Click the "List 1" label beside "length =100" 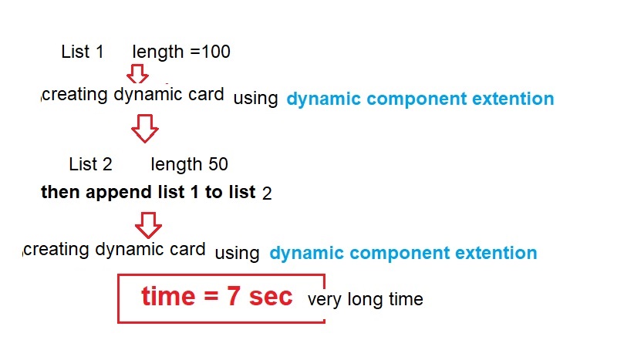pyautogui.click(x=83, y=52)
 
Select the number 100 pyautogui.click(x=216, y=52)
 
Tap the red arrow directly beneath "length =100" pyautogui.click(x=137, y=73)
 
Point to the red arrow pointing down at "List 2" pyautogui.click(x=145, y=129)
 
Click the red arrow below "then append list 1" pyautogui.click(x=148, y=225)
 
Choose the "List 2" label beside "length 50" pyautogui.click(x=90, y=164)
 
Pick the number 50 pyautogui.click(x=218, y=164)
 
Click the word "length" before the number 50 pyautogui.click(x=177, y=165)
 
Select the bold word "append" pyautogui.click(x=119, y=193)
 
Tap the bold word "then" pyautogui.click(x=60, y=192)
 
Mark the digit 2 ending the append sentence pyautogui.click(x=267, y=193)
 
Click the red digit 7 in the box pyautogui.click(x=233, y=296)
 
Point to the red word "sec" pyautogui.click(x=271, y=297)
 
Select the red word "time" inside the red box pyautogui.click(x=168, y=296)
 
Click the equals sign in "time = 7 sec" pyautogui.click(x=211, y=296)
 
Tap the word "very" pyautogui.click(x=325, y=301)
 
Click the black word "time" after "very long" pyautogui.click(x=406, y=299)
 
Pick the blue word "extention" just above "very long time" pyautogui.click(x=496, y=253)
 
